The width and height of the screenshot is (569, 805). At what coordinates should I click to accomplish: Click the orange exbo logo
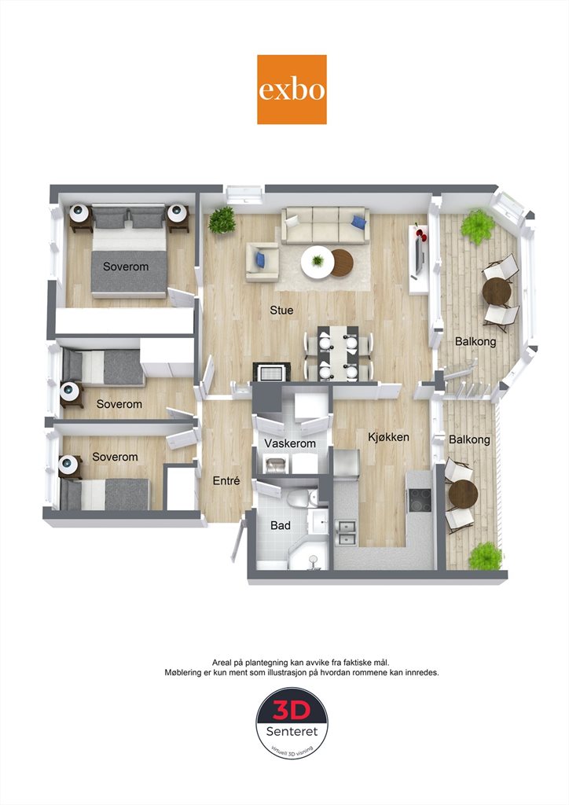(x=292, y=90)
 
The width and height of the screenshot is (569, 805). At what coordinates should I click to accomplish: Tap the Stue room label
(x=281, y=310)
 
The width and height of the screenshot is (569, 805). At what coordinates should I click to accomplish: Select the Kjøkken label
(x=389, y=437)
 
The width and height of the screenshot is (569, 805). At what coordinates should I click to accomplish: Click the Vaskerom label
(x=290, y=443)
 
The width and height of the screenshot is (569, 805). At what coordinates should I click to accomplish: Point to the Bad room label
(x=281, y=525)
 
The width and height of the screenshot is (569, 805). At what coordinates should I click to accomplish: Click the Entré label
(x=226, y=480)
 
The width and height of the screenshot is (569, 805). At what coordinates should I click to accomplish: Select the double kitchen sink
(x=347, y=532)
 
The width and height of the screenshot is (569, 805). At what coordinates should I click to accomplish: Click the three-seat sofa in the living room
(x=325, y=226)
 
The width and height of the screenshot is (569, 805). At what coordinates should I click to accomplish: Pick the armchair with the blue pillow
(x=262, y=262)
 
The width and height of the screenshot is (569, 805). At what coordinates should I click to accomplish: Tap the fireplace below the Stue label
(x=271, y=372)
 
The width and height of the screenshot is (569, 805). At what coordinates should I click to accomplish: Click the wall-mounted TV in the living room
(x=418, y=256)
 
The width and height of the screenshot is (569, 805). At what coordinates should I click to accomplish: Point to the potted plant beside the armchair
(x=222, y=220)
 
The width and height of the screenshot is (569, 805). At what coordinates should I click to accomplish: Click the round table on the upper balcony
(x=497, y=292)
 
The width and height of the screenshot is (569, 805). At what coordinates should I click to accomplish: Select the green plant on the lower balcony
(x=485, y=556)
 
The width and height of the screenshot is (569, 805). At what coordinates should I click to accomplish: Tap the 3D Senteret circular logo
(x=292, y=724)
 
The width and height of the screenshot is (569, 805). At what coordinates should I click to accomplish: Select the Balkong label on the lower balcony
(x=469, y=439)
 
